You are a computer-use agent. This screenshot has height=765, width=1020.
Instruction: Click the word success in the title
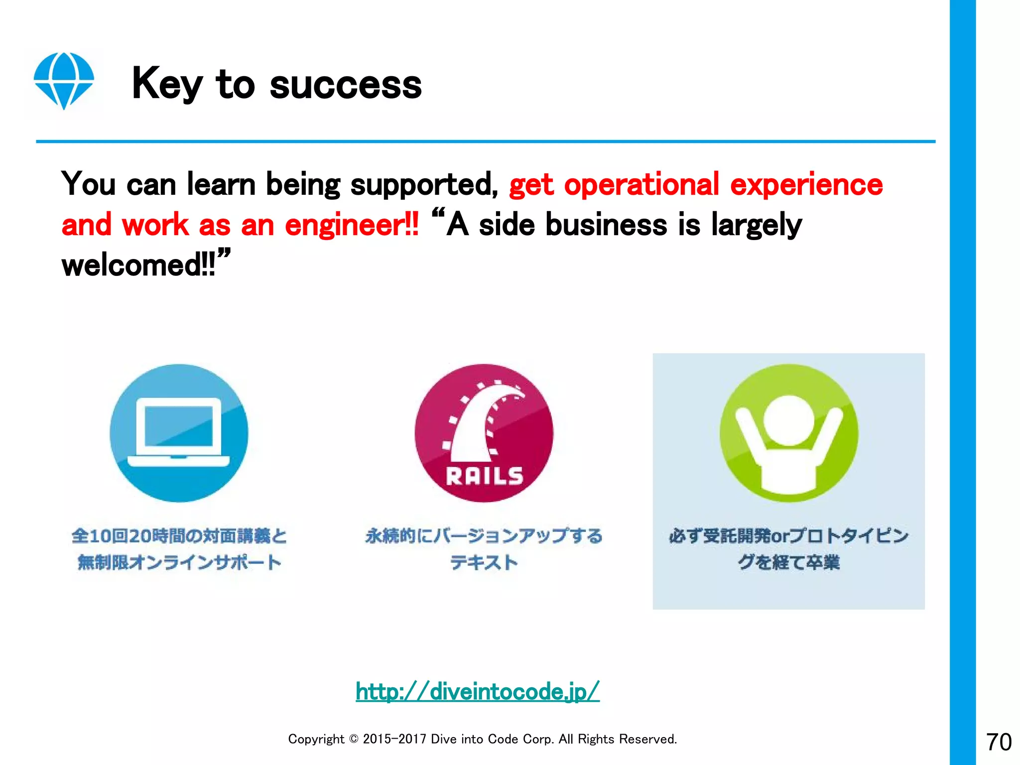pyautogui.click(x=346, y=85)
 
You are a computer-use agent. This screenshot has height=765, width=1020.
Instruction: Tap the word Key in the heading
pyautogui.click(x=167, y=84)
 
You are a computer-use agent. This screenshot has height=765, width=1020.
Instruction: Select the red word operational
pyautogui.click(x=641, y=184)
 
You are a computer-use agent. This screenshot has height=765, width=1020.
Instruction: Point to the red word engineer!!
pyautogui.click(x=352, y=225)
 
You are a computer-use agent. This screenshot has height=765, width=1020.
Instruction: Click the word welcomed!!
pyautogui.click(x=139, y=265)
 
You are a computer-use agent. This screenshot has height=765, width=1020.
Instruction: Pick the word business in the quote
pyautogui.click(x=606, y=225)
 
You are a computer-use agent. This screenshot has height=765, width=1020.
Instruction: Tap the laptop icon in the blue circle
pyautogui.click(x=179, y=431)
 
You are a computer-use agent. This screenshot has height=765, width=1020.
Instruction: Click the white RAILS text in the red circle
pyautogui.click(x=484, y=476)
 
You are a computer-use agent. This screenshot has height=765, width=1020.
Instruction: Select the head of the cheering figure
pyautogui.click(x=788, y=420)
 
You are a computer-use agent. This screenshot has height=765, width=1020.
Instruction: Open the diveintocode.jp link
pyautogui.click(x=477, y=691)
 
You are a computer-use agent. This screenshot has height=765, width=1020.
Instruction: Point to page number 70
pyautogui.click(x=999, y=742)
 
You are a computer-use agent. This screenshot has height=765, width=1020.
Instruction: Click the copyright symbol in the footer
pyautogui.click(x=353, y=739)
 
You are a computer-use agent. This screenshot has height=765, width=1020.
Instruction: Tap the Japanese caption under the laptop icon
pyautogui.click(x=179, y=549)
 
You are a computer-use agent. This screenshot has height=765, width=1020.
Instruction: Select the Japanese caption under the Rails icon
pyautogui.click(x=484, y=549)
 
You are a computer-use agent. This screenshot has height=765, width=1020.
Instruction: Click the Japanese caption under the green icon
pyautogui.click(x=788, y=549)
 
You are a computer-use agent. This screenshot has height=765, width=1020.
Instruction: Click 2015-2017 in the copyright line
pyautogui.click(x=394, y=739)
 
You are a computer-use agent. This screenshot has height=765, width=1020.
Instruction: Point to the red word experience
pyautogui.click(x=806, y=184)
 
